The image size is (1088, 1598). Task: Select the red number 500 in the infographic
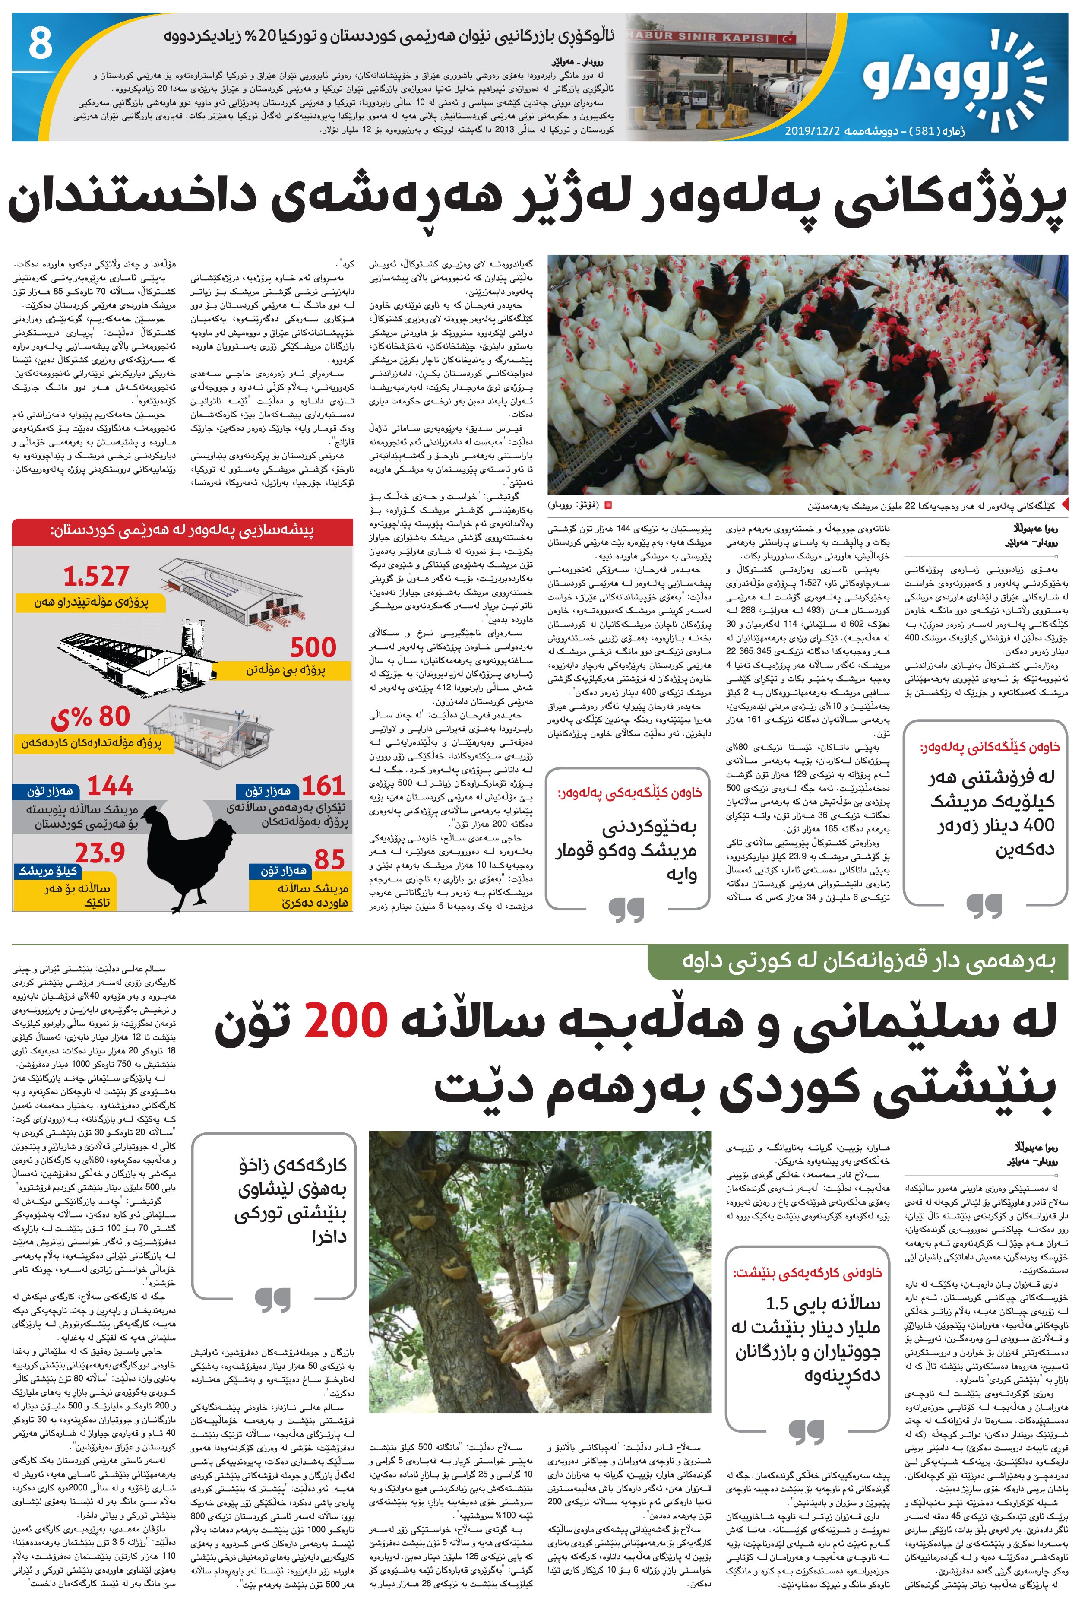313,647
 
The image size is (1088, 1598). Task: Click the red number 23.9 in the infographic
100,853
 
